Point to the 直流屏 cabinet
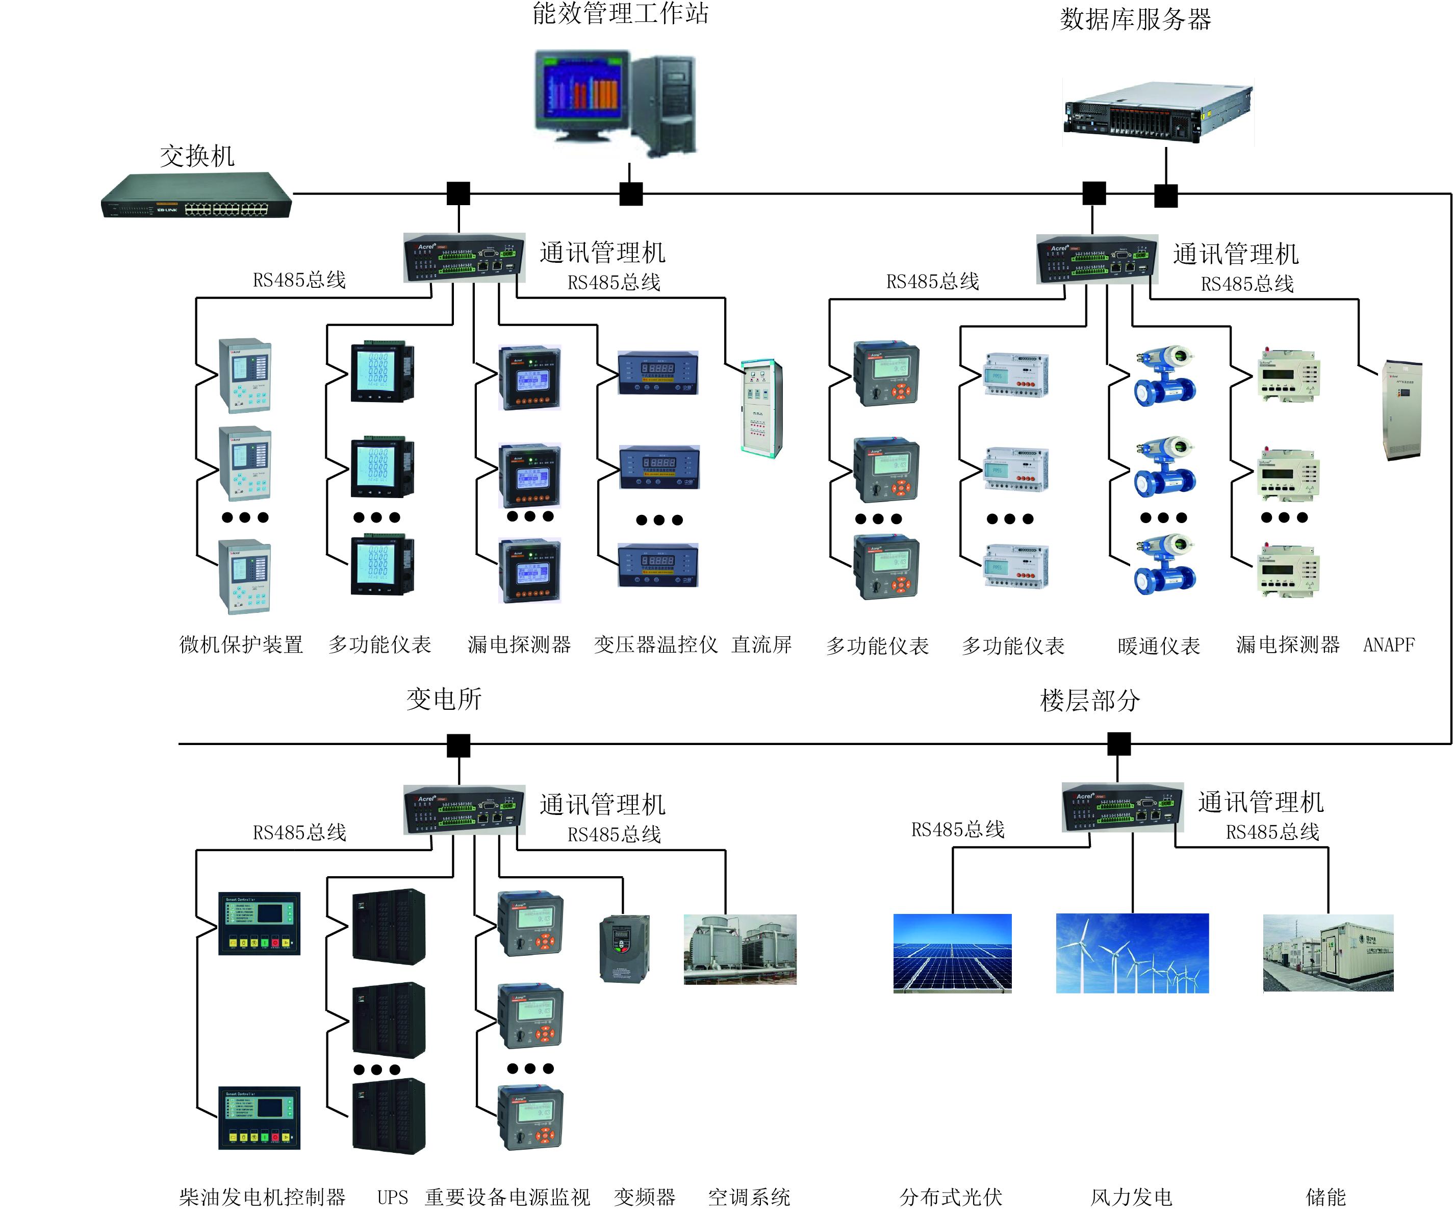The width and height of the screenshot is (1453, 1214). click(x=761, y=408)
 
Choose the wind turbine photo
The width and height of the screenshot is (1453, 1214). click(x=1132, y=953)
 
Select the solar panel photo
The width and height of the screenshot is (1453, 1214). click(x=952, y=953)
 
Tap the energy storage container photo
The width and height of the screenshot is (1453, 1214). click(x=1328, y=953)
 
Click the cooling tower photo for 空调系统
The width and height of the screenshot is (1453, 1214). click(x=740, y=949)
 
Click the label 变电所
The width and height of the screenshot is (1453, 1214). click(x=444, y=699)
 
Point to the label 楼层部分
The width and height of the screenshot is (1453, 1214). click(x=1090, y=701)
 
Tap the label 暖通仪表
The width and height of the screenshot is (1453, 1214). click(x=1159, y=646)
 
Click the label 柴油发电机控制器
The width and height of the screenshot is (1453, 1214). click(x=262, y=1197)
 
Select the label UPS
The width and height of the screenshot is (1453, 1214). click(x=392, y=1197)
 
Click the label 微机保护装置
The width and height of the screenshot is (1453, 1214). click(x=241, y=645)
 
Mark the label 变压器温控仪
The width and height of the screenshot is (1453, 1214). click(x=655, y=645)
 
